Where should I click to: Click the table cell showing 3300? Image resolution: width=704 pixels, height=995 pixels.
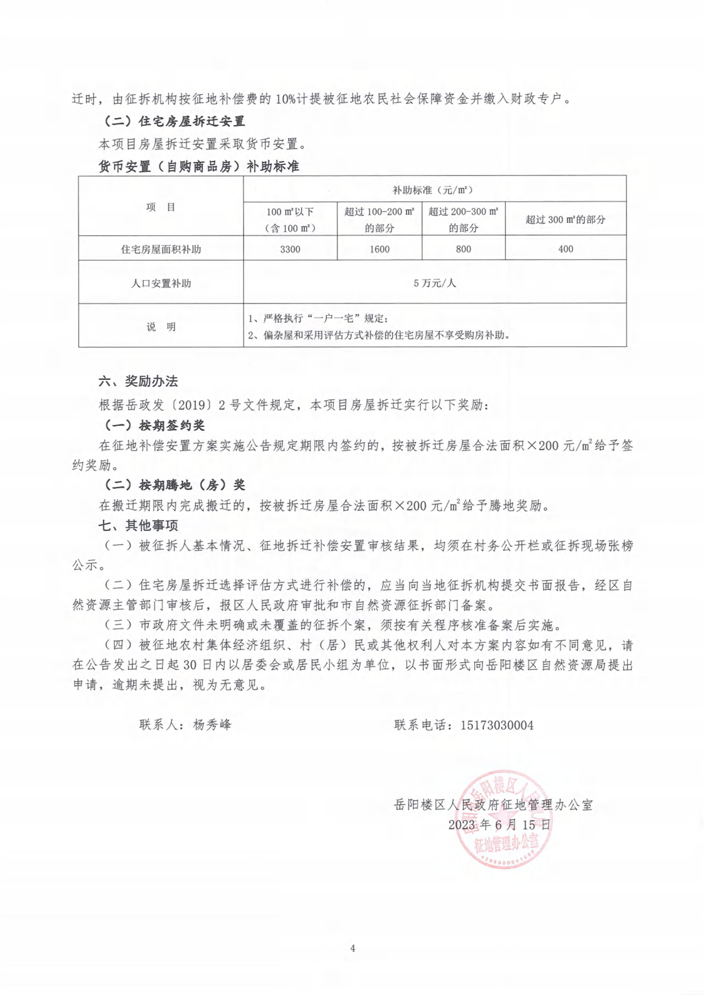pyautogui.click(x=290, y=249)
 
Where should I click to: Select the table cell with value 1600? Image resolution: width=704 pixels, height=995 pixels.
pyautogui.click(x=379, y=249)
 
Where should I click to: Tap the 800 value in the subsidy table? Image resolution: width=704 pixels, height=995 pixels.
pyautogui.click(x=463, y=249)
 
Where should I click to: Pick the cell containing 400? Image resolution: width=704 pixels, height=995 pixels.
pyautogui.click(x=565, y=249)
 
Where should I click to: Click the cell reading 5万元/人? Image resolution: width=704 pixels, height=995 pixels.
pyautogui.click(x=434, y=283)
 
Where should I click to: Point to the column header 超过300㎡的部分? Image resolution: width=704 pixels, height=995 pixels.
pyautogui.click(x=565, y=219)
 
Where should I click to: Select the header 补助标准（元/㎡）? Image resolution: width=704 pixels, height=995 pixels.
pyautogui.click(x=434, y=189)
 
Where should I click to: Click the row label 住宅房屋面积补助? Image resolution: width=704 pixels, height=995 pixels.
pyautogui.click(x=161, y=249)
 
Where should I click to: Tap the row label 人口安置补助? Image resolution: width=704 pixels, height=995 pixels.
pyautogui.click(x=161, y=283)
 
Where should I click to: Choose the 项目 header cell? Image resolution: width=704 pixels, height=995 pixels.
pyautogui.click(x=161, y=207)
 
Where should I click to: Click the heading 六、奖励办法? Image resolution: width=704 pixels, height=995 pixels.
pyautogui.click(x=138, y=381)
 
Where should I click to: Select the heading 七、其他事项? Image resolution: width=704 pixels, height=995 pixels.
pyautogui.click(x=138, y=525)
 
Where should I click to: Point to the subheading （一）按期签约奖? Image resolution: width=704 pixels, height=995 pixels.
pyautogui.click(x=154, y=425)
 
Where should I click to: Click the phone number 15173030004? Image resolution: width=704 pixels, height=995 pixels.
pyautogui.click(x=497, y=725)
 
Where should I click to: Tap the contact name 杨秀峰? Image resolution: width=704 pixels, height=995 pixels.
pyautogui.click(x=212, y=725)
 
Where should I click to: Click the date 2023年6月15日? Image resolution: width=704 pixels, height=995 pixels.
pyautogui.click(x=499, y=824)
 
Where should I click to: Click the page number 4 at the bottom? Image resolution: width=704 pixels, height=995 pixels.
pyautogui.click(x=353, y=948)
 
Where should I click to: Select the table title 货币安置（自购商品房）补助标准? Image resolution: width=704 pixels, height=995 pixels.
pyautogui.click(x=198, y=167)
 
